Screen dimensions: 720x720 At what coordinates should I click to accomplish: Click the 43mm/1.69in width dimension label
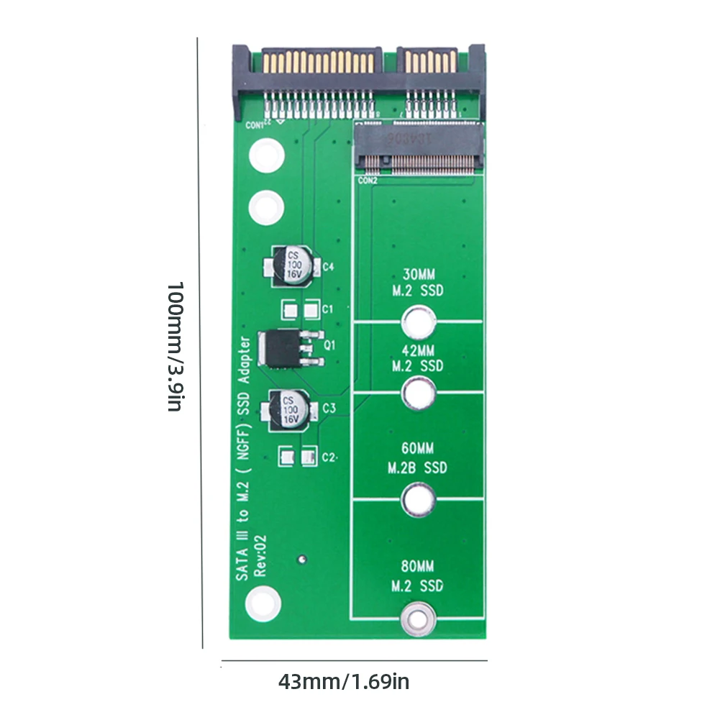tap(344, 681)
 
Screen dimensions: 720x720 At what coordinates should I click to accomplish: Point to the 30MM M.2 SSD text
tap(417, 283)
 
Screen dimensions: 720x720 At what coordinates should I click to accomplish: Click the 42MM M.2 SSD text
tap(417, 357)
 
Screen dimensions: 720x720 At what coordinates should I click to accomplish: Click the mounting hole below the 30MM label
tap(419, 322)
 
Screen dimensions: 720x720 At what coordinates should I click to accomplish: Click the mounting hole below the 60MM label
tap(419, 499)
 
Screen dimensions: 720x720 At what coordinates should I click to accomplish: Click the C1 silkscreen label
tap(327, 309)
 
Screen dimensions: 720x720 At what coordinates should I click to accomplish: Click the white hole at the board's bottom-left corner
tap(265, 603)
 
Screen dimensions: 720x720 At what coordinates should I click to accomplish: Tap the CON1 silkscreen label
tap(256, 124)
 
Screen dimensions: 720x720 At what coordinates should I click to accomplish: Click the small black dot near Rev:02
tap(303, 557)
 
